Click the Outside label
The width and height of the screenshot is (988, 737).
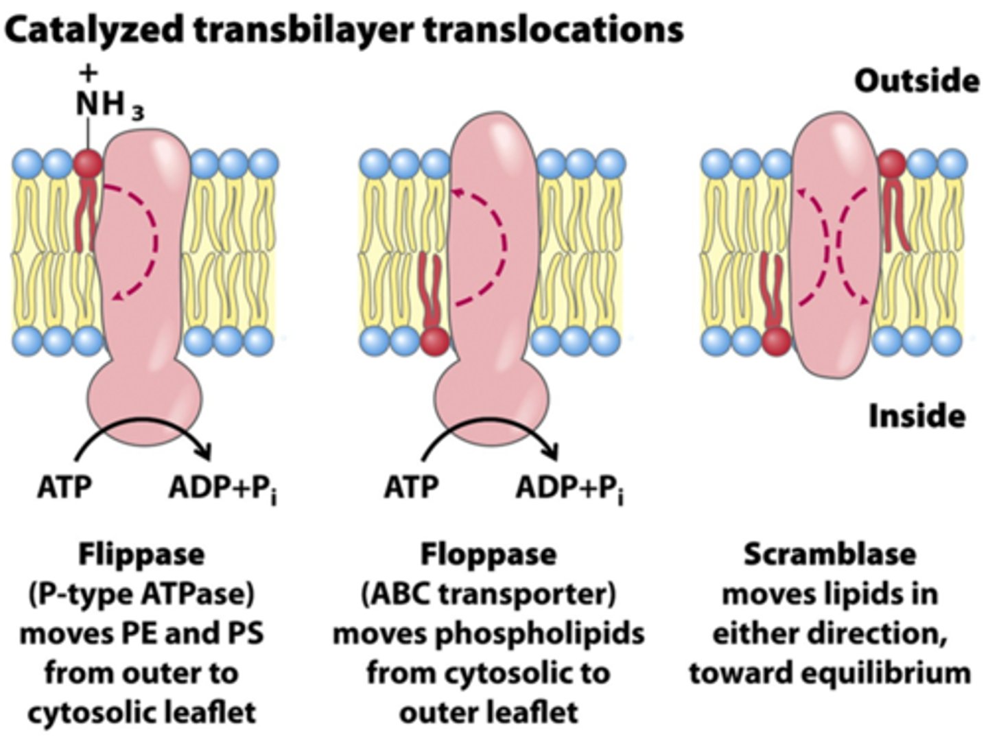coord(916,81)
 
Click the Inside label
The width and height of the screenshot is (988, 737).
coord(917,416)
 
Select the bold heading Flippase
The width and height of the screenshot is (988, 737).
coord(141,554)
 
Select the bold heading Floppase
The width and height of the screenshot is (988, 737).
coord(488,554)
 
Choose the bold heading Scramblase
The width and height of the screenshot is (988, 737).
coord(830,554)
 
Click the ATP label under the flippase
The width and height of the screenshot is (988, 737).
coord(64,488)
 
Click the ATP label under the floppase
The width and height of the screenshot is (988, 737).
coord(410,488)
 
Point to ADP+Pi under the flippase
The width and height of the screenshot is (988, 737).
coord(223,489)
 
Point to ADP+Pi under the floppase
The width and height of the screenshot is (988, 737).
coord(569,489)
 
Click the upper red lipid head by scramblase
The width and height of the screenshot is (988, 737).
coord(891,164)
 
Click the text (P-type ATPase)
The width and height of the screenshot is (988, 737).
coord(141,594)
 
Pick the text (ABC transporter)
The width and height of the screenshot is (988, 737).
coord(488,594)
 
